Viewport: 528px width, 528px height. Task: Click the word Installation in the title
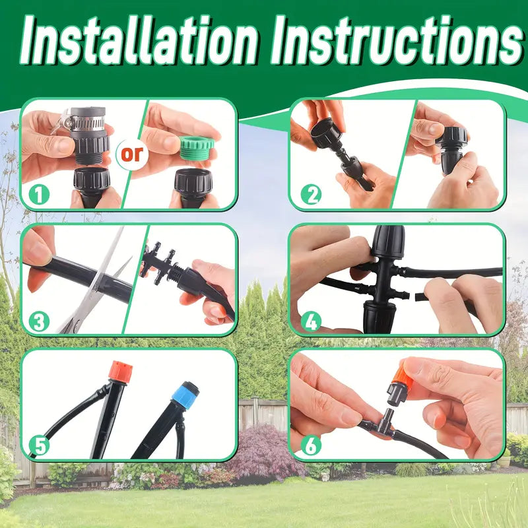pyautogui.click(x=140, y=40)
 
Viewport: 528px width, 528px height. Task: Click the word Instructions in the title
pyautogui.click(x=397, y=40)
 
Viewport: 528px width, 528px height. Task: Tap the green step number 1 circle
pyautogui.click(x=39, y=195)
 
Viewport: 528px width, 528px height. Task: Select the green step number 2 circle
pyautogui.click(x=311, y=195)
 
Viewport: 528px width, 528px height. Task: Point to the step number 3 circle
pyautogui.click(x=39, y=321)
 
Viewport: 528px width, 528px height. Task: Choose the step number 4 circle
pyautogui.click(x=311, y=321)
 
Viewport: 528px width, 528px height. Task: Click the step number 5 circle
pyautogui.click(x=39, y=445)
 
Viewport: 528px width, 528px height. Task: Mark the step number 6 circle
pyautogui.click(x=311, y=445)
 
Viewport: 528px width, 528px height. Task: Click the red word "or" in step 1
pyautogui.click(x=132, y=154)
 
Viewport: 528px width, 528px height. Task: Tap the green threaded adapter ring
pyautogui.click(x=196, y=148)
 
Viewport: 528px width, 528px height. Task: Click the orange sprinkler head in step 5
pyautogui.click(x=120, y=372)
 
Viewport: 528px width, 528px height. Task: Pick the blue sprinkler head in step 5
pyautogui.click(x=185, y=395)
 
